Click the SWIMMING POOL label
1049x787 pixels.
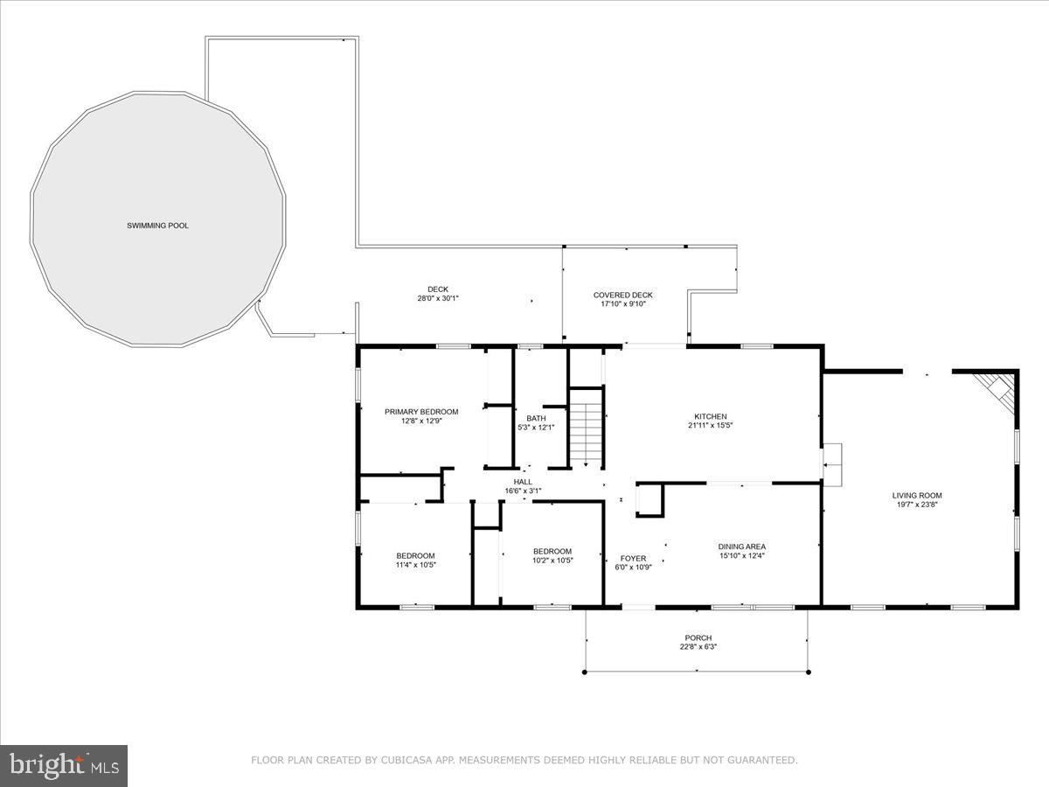click(x=157, y=226)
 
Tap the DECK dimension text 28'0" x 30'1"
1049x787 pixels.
click(x=438, y=298)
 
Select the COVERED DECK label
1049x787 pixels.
click(x=622, y=295)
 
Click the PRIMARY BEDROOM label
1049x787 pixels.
click(x=421, y=411)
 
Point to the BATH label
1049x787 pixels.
click(x=536, y=418)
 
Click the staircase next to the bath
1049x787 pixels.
click(x=586, y=428)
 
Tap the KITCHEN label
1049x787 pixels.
click(x=711, y=416)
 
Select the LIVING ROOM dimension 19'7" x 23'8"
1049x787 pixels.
click(x=917, y=505)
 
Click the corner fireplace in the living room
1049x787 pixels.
click(x=1000, y=389)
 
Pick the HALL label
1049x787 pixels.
click(x=523, y=481)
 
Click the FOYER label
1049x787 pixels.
click(x=633, y=558)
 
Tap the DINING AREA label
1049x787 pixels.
click(x=742, y=547)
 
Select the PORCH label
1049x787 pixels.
click(x=698, y=637)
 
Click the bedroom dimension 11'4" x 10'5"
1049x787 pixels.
click(x=415, y=565)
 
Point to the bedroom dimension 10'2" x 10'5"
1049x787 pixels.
click(x=552, y=561)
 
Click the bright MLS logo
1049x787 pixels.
click(x=64, y=765)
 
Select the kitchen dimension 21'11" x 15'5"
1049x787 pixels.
click(x=711, y=426)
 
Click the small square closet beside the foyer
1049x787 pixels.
click(x=650, y=499)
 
